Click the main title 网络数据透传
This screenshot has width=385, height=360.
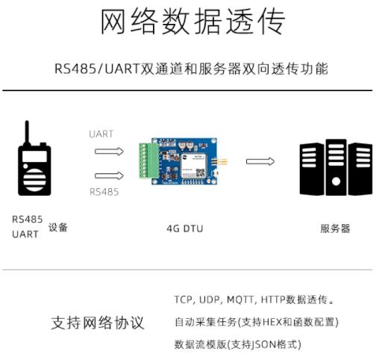click(193, 22)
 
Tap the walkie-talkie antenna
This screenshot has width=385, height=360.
click(27, 133)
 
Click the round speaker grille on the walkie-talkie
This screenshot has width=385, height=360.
click(34, 180)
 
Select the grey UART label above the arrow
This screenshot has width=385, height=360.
click(101, 134)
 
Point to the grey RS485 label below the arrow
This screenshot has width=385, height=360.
click(104, 192)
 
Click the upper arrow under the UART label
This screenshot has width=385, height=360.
click(109, 151)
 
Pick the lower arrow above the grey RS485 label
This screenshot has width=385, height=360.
click(109, 176)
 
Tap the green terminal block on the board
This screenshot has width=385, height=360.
click(148, 161)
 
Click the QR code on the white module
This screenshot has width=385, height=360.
click(200, 173)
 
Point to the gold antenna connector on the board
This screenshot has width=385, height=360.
click(220, 162)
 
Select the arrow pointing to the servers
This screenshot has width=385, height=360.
click(260, 161)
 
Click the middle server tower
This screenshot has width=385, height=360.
click(336, 167)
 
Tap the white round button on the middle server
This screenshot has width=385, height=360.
click(336, 181)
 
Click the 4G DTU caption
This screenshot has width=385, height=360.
click(185, 229)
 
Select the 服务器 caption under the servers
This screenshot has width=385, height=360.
click(335, 229)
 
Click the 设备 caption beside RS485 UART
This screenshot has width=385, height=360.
click(58, 227)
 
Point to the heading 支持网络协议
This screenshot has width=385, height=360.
click(98, 323)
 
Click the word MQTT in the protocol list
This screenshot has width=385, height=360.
click(240, 300)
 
